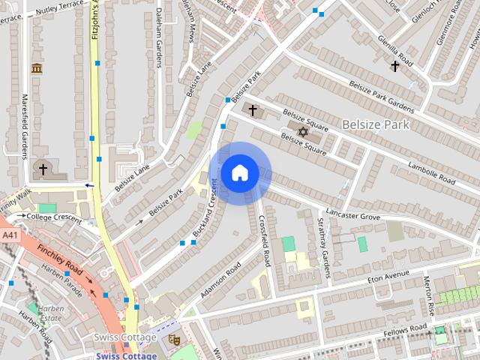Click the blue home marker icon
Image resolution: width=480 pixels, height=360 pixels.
(x=239, y=173)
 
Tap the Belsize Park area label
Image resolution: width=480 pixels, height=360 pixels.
(x=376, y=124)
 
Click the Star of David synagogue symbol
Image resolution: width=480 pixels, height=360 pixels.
(x=303, y=132)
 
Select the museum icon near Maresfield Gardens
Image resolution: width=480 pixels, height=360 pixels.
(x=36, y=68)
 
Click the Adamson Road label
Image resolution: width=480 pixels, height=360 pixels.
(x=220, y=278)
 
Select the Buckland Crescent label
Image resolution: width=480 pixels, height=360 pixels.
(x=204, y=214)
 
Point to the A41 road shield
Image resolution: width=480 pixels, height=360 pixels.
(x=9, y=235)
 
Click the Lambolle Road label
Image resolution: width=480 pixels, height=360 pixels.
(x=430, y=173)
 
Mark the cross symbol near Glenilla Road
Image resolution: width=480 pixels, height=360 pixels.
(x=394, y=66)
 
